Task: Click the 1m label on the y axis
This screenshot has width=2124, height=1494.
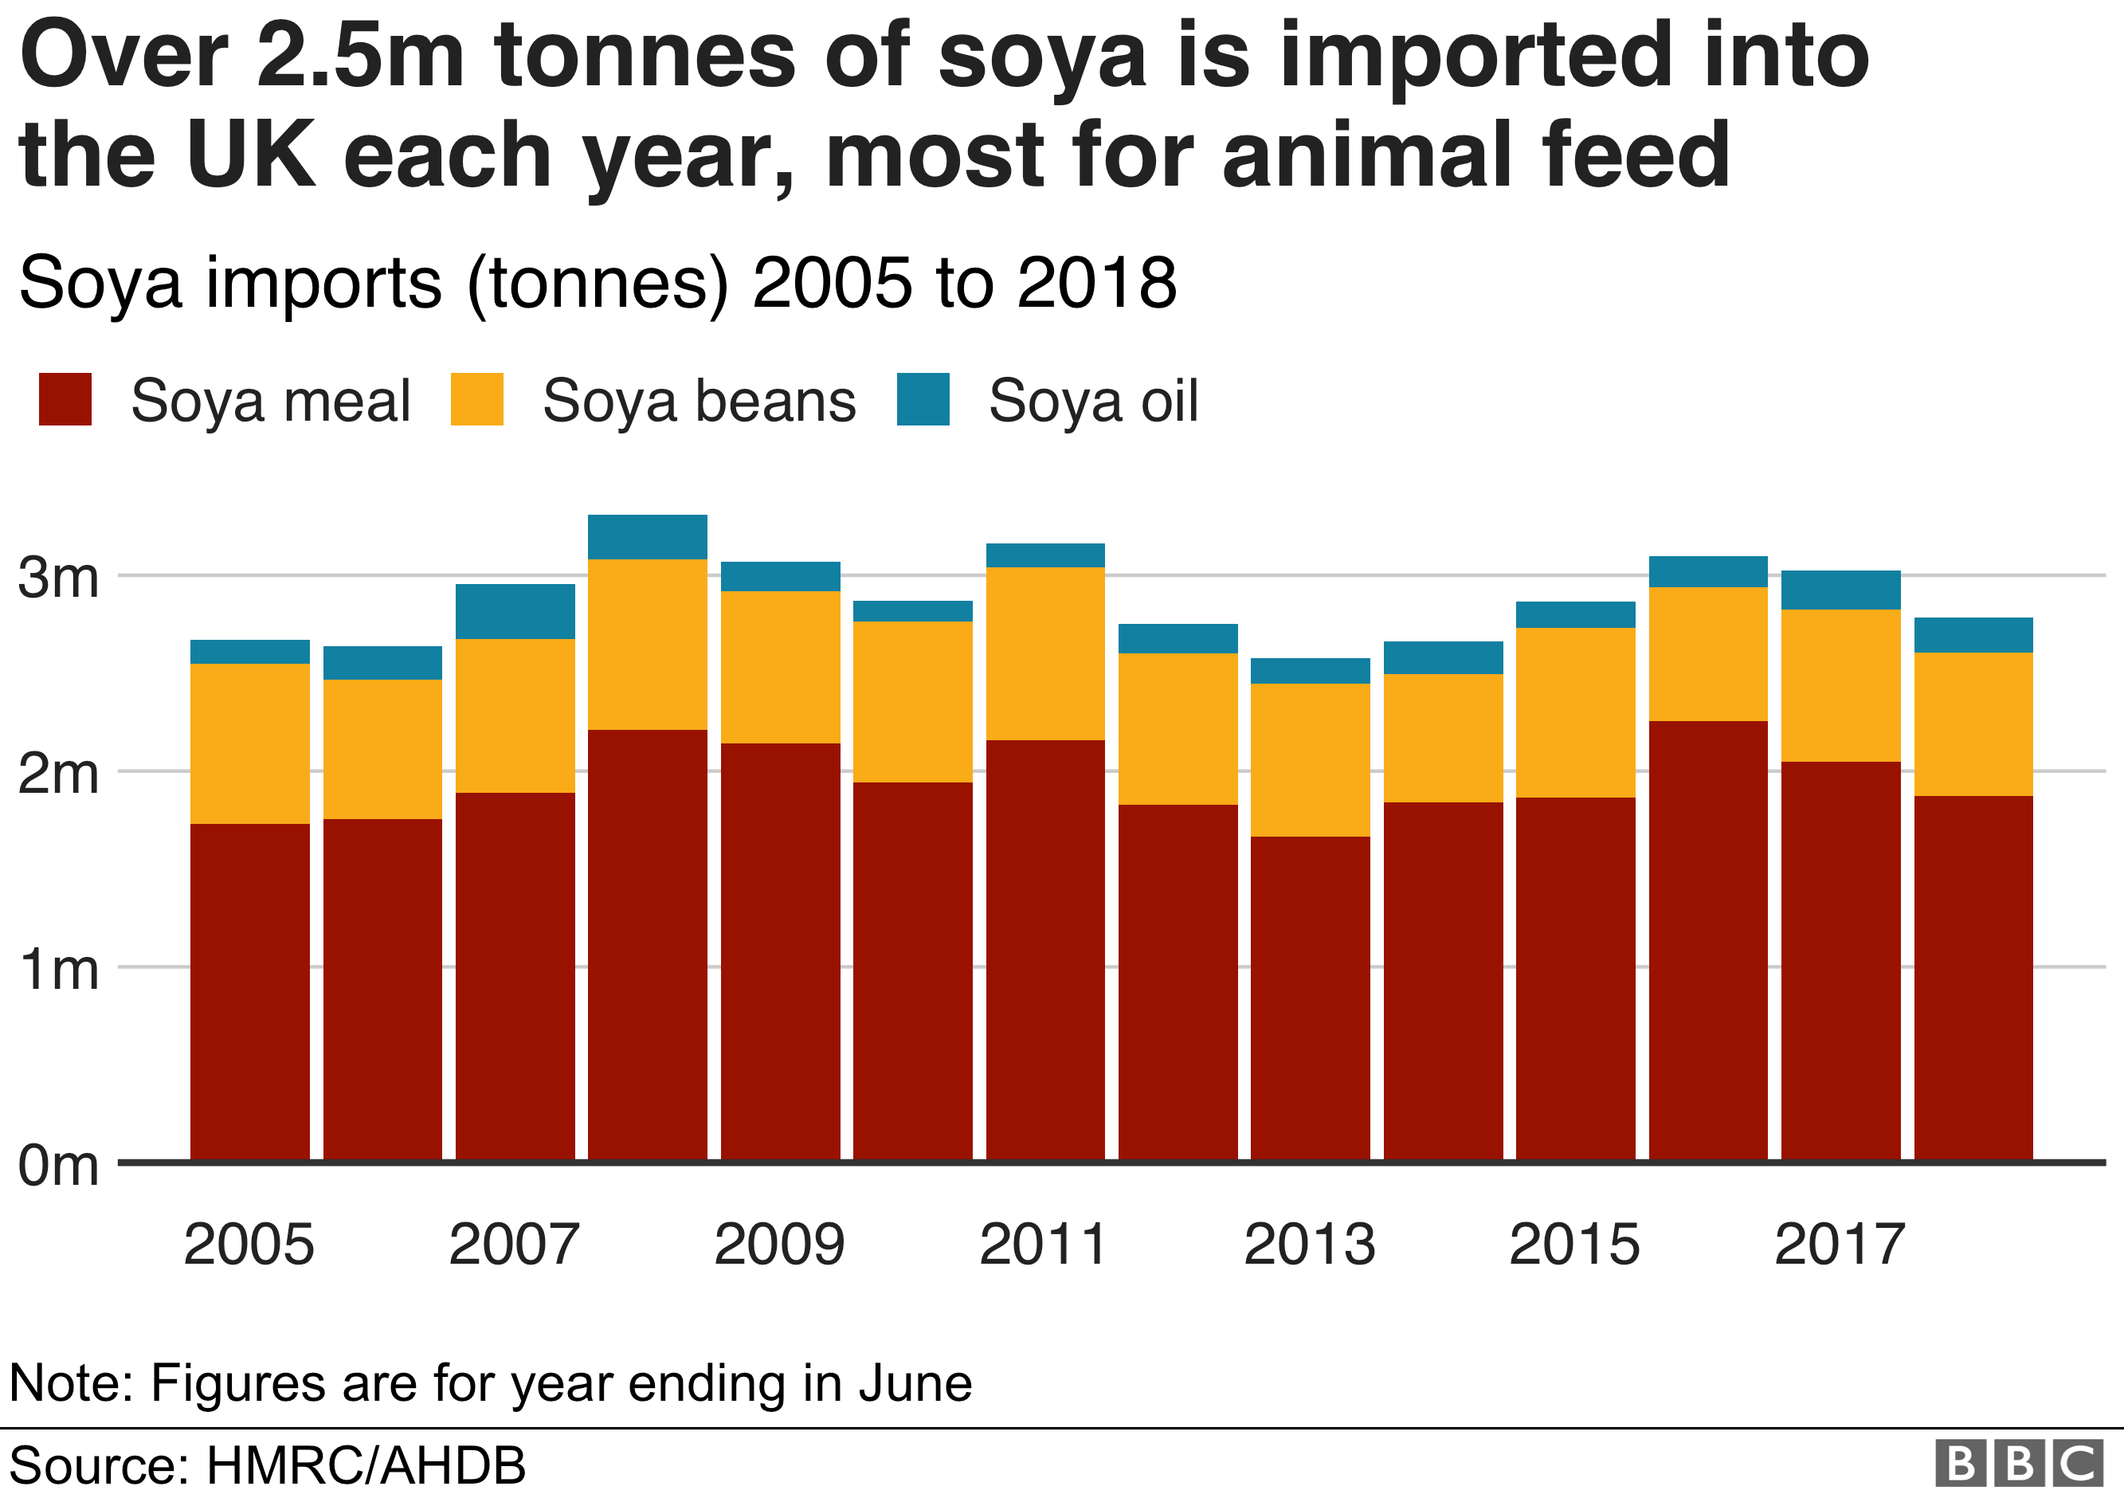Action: click(57, 970)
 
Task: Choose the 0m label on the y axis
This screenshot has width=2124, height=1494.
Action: click(57, 1166)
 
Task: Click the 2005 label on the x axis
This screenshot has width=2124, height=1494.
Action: click(249, 1245)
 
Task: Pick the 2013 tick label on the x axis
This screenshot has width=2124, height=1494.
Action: click(1309, 1245)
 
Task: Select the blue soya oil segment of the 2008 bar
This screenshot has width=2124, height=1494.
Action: click(648, 536)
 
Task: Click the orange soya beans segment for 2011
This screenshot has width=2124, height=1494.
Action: click(1045, 653)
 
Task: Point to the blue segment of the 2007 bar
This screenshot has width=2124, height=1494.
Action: click(515, 611)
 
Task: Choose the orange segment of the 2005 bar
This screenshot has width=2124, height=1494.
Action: click(250, 743)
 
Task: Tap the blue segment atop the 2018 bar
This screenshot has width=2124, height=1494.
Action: click(1973, 634)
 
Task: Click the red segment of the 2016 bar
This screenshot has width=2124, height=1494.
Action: click(1707, 939)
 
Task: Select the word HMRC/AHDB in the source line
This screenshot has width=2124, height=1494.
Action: click(366, 1465)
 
